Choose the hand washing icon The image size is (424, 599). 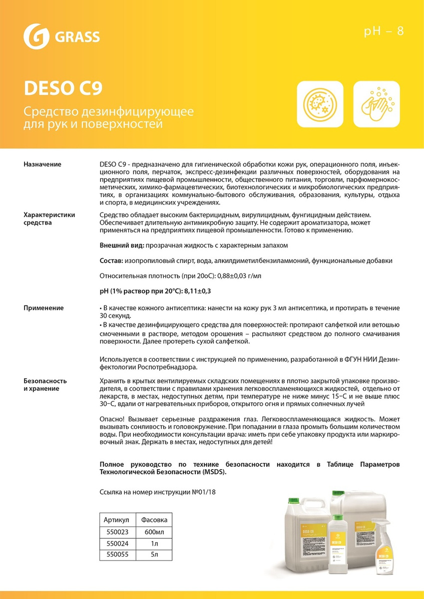pyautogui.click(x=377, y=104)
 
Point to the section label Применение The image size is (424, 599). pyautogui.click(x=43, y=308)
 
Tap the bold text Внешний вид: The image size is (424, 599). pyautogui.click(x=122, y=247)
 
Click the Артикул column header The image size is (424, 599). pyautogui.click(x=115, y=520)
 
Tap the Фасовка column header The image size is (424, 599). pyautogui.click(x=154, y=520)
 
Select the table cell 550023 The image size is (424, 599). pyautogui.click(x=115, y=531)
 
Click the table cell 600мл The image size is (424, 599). pyautogui.click(x=154, y=531)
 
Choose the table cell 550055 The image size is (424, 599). pyautogui.click(x=115, y=554)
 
